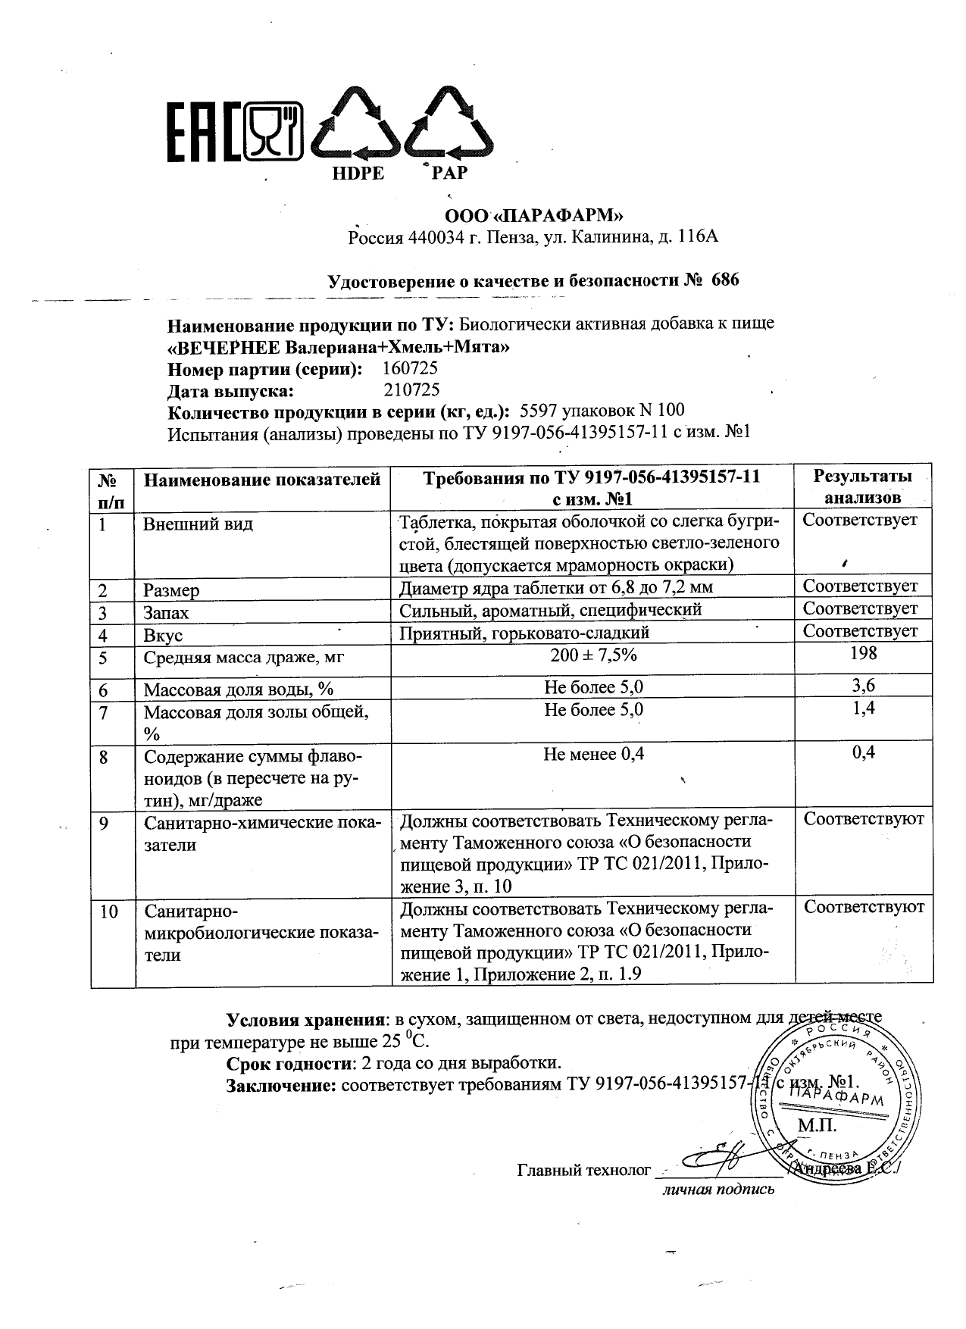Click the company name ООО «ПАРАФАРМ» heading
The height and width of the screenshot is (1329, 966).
533,215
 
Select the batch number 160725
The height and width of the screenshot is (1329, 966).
411,369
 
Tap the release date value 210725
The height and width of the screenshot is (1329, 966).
411,390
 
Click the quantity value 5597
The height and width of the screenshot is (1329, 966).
538,411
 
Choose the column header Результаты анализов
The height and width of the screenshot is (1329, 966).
862,486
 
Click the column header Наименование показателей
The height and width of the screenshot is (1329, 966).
262,479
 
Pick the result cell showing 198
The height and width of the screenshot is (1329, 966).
863,654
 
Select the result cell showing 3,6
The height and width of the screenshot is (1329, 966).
863,686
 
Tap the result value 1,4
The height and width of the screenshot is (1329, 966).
863,708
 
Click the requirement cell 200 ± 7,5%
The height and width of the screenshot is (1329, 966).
594,656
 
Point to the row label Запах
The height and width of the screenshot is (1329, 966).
166,613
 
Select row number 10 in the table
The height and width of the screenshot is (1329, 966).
109,912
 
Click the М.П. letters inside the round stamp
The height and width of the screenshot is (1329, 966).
816,1126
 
